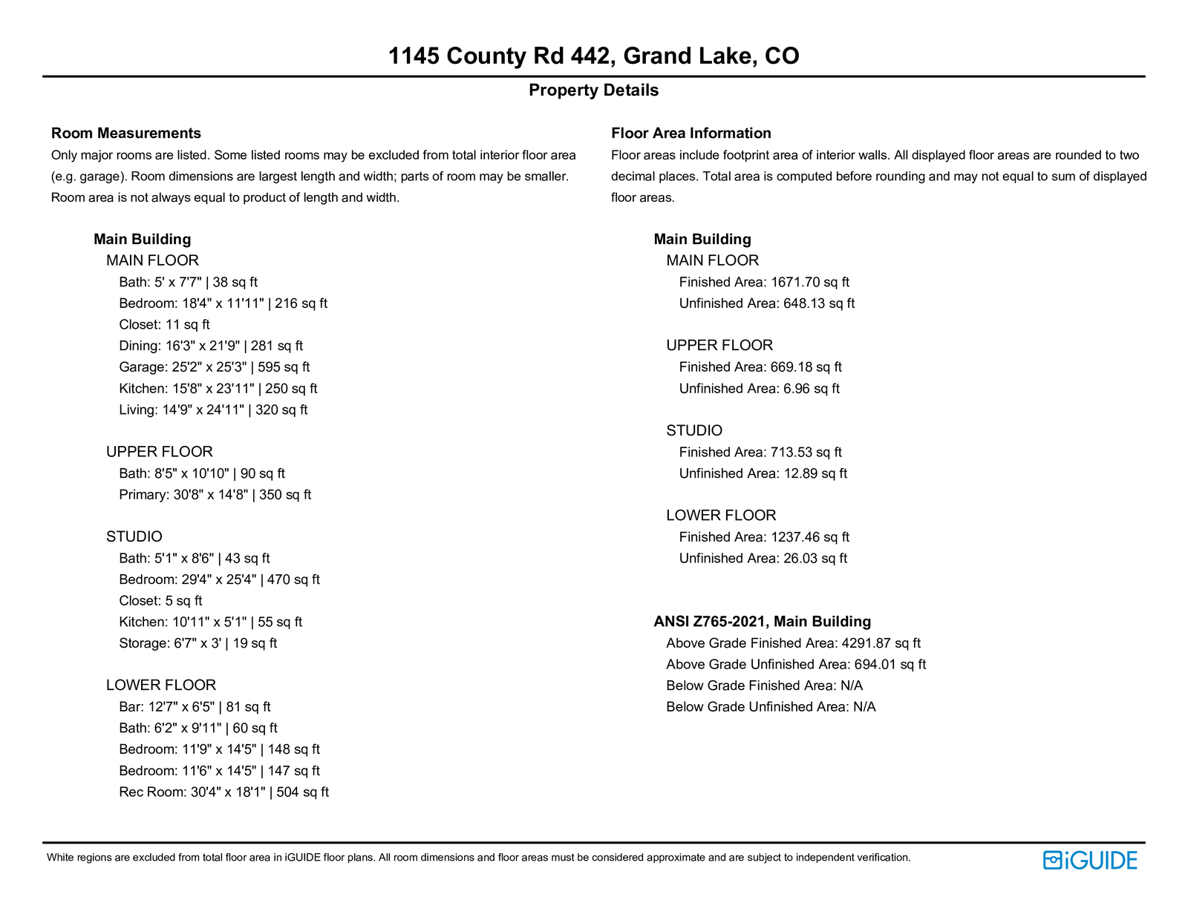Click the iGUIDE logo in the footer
click(1090, 860)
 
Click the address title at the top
click(593, 56)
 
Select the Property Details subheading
click(593, 91)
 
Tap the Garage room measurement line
click(214, 367)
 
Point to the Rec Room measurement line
click(223, 792)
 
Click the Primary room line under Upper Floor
click(215, 495)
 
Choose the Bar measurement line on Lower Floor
click(195, 707)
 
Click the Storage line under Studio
click(198, 643)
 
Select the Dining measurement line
click(211, 346)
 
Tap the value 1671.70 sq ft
click(810, 282)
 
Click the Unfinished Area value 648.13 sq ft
click(819, 303)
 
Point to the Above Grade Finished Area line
click(793, 643)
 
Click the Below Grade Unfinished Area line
click(771, 707)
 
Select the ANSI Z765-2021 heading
click(762, 622)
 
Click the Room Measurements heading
click(126, 134)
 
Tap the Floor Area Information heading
click(691, 134)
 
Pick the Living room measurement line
click(213, 410)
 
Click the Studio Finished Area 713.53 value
click(806, 453)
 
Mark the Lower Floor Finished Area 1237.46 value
click(810, 537)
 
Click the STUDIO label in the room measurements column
click(134, 536)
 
